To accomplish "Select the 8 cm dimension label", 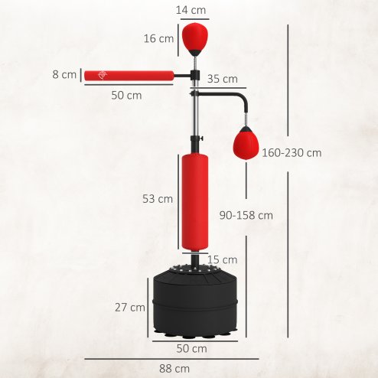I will point(65,75).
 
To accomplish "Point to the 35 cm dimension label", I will point(222,79).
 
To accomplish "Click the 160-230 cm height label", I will point(291,153).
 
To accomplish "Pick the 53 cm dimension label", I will point(158,199).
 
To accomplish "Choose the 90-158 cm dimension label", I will point(245,216).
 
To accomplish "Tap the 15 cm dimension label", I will point(222,259).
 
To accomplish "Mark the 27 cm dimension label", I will point(130,308).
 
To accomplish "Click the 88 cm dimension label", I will point(179,369).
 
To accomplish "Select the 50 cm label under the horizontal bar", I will point(126,96).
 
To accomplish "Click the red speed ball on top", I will point(193,36).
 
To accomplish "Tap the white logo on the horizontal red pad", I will point(102,75).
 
